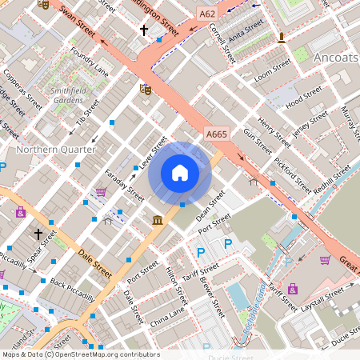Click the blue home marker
180,173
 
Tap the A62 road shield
208,14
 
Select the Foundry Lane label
89,62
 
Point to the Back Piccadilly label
72,289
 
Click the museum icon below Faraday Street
158,219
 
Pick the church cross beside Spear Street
38,234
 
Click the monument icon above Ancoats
281,37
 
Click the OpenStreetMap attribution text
80,354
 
